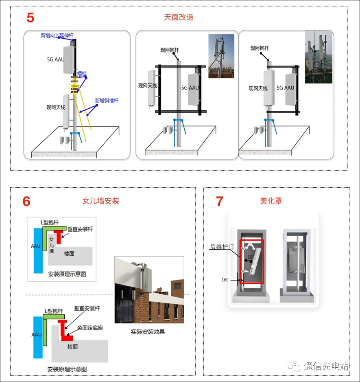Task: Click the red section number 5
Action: (x=31, y=18)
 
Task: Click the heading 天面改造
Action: (x=179, y=17)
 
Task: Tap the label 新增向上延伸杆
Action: (x=57, y=35)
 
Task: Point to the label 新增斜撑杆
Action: (x=107, y=101)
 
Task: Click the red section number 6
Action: (x=26, y=201)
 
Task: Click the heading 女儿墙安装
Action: (x=100, y=201)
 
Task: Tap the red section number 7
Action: (x=220, y=201)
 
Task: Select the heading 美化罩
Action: (x=271, y=201)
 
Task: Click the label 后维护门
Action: (x=220, y=246)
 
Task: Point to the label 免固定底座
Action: (x=90, y=328)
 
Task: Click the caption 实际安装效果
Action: (x=148, y=332)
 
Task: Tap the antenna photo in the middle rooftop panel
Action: (x=221, y=56)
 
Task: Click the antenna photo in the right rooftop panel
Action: (x=319, y=57)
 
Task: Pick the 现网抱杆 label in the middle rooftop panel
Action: (x=170, y=50)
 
